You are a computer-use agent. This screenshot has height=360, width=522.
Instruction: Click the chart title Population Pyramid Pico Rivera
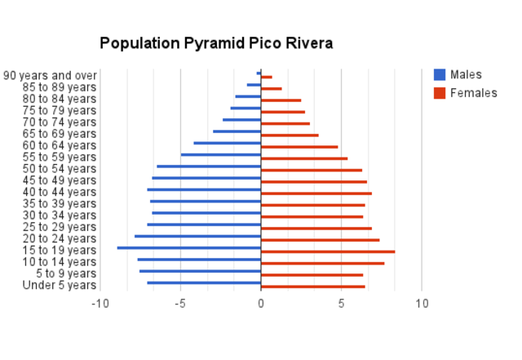click(216, 43)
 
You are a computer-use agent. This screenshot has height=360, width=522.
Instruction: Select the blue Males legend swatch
click(440, 75)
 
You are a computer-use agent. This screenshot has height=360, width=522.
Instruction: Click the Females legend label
click(474, 93)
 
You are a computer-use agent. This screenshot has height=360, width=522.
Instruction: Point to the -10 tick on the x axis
click(100, 303)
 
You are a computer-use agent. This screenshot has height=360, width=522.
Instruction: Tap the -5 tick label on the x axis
click(180, 303)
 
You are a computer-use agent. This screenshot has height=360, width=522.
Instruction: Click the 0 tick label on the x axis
click(261, 303)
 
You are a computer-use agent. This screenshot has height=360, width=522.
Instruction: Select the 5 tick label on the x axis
click(341, 303)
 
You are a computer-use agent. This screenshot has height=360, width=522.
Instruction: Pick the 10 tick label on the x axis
click(422, 303)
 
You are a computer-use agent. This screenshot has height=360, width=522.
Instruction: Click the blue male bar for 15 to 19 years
click(189, 247)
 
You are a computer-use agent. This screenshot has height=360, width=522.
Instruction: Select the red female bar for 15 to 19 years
click(328, 251)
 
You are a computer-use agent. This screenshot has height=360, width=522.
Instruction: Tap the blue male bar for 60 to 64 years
click(228, 143)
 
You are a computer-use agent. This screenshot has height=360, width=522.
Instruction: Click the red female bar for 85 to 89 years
click(272, 89)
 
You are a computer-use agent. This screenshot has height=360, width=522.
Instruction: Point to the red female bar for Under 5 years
click(313, 287)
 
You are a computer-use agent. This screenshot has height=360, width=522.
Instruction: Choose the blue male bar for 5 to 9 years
click(201, 271)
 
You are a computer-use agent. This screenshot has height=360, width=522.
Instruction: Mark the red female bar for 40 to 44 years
click(316, 193)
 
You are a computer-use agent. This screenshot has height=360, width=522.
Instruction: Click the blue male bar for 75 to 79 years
click(246, 108)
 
